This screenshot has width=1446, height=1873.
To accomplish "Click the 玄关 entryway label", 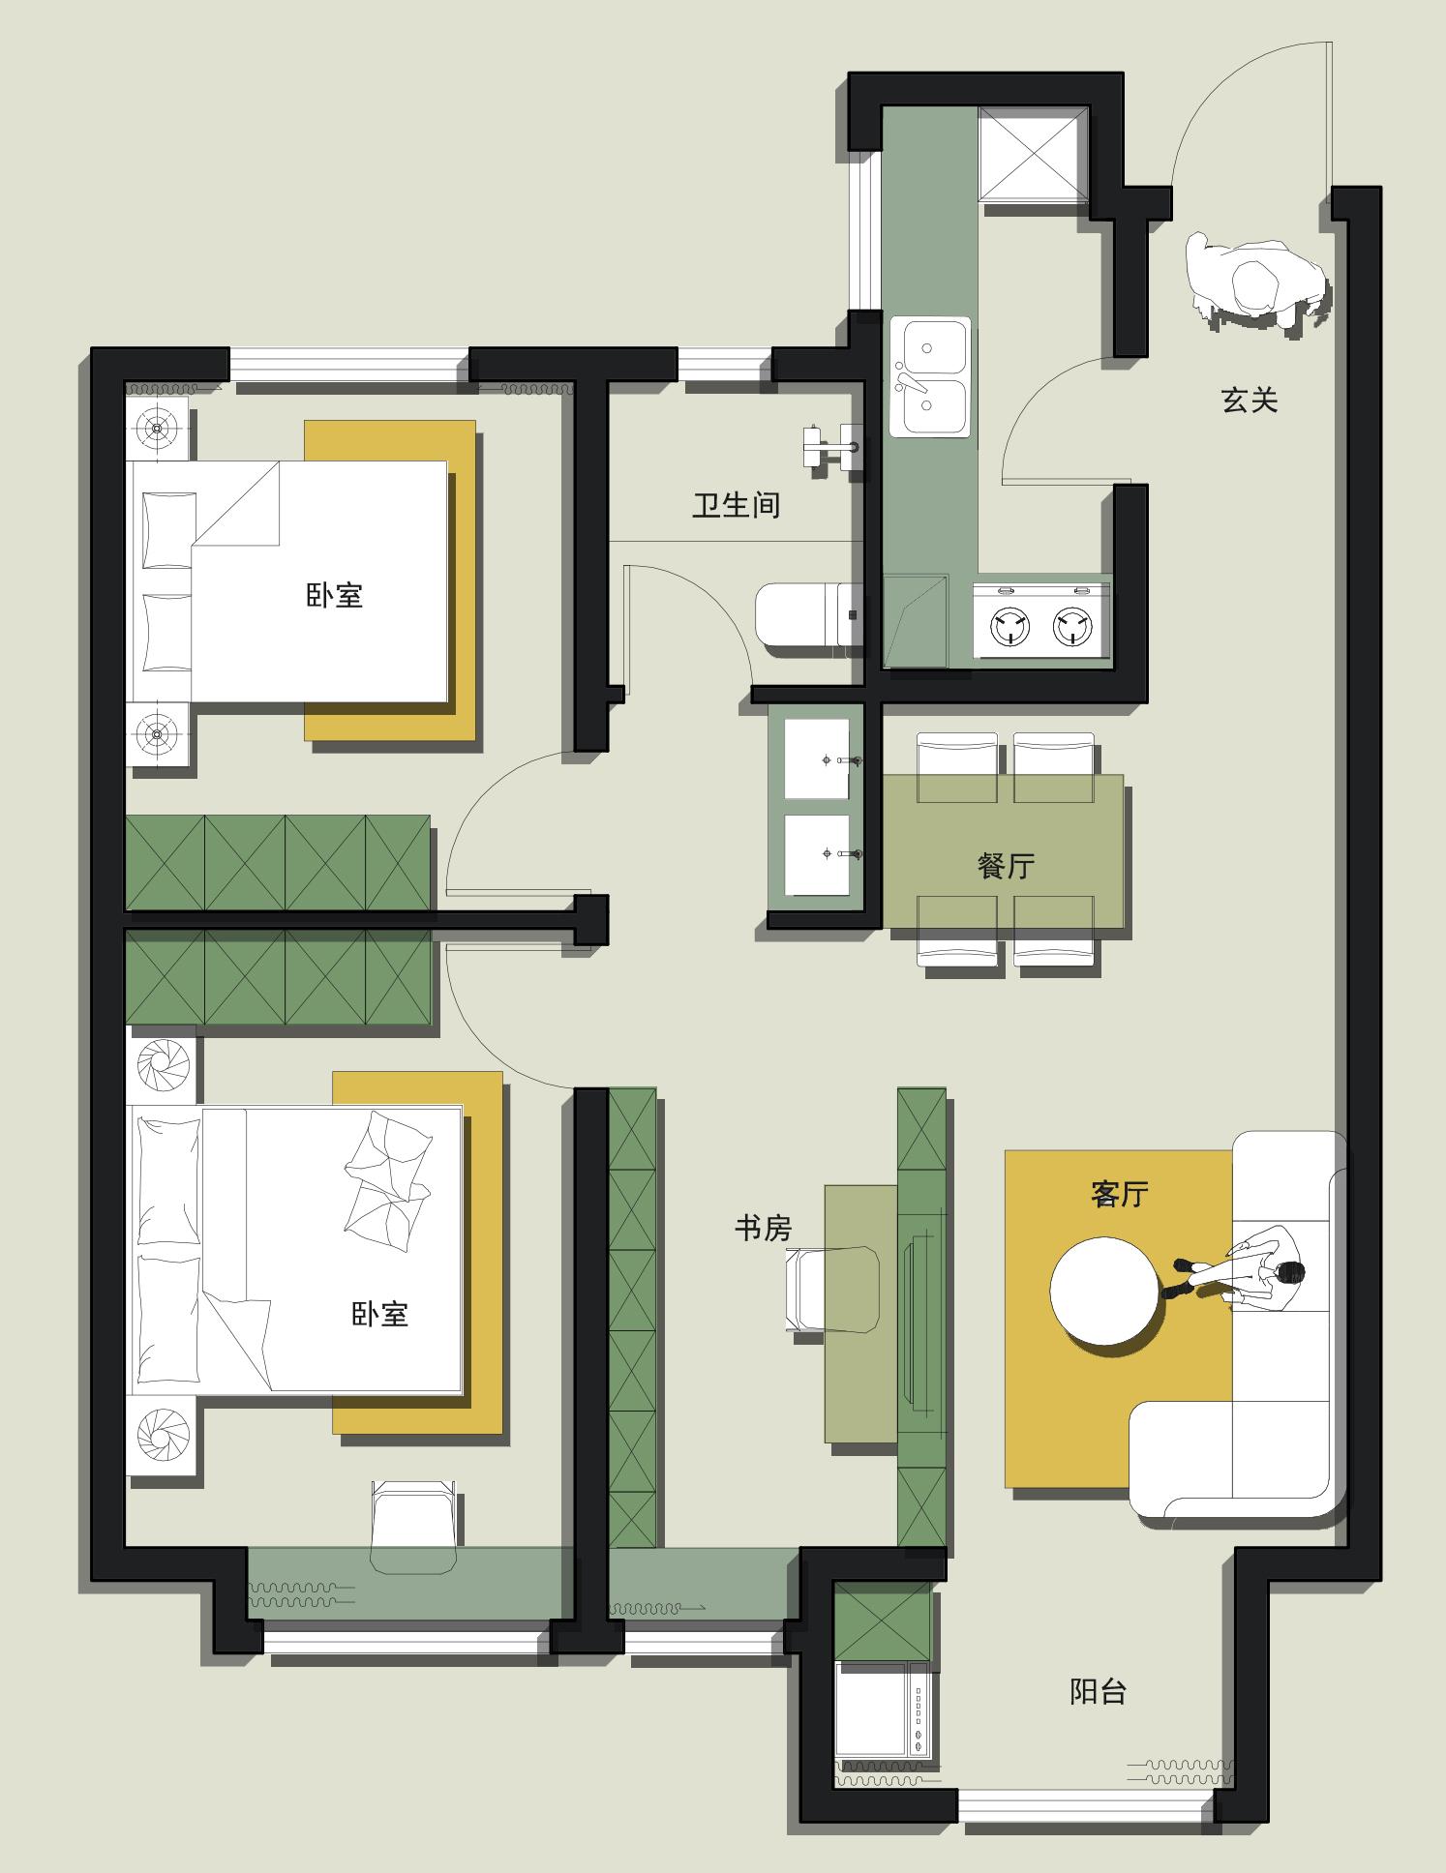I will coord(1250,400).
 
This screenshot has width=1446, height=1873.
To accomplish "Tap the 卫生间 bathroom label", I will coord(736,504).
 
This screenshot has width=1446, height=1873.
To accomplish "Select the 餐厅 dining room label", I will coord(1006,865).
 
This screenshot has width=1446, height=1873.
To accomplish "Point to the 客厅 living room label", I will coord(1119,1194).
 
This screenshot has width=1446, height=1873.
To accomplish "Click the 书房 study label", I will coord(763,1229).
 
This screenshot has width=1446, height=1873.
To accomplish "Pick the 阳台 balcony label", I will coord(1098,1691).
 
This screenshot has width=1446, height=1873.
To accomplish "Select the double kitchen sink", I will coord(929,377).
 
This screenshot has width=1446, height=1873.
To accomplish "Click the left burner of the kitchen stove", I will coord(1009,626).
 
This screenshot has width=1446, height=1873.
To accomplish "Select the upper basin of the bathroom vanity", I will coord(817,759).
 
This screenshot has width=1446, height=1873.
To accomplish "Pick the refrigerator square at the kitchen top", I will coord(1033,153).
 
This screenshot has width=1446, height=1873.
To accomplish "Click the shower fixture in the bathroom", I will coord(829,447).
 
